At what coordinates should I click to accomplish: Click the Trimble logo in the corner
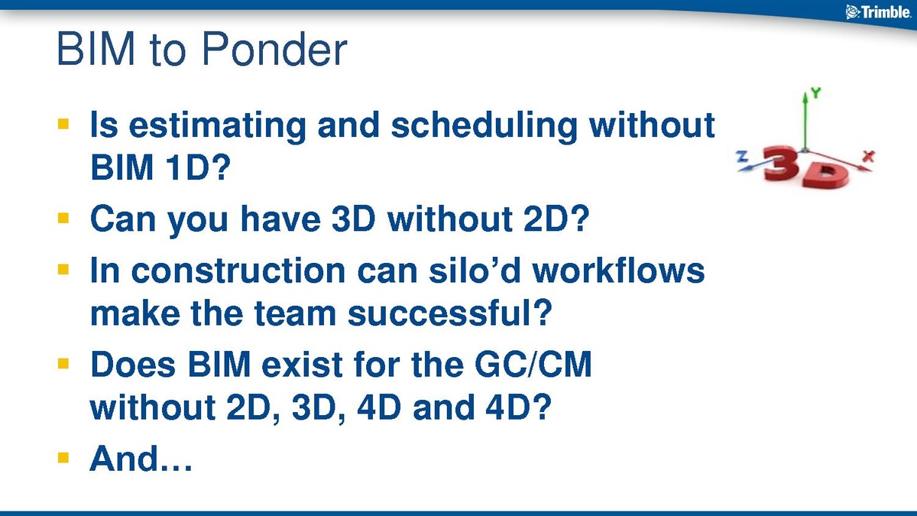click(x=878, y=12)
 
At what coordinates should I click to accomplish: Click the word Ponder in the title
click(x=274, y=49)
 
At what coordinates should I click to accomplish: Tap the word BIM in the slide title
click(x=96, y=49)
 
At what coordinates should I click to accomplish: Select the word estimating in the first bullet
click(x=218, y=125)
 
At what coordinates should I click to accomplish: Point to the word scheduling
click(x=484, y=125)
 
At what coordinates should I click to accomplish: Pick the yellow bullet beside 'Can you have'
click(x=63, y=217)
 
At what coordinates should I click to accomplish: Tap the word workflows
click(x=618, y=270)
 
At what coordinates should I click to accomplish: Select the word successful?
click(x=450, y=313)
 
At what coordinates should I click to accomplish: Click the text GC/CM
click(x=533, y=364)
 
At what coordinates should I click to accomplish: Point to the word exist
click(x=302, y=364)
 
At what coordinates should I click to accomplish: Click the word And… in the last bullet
click(x=141, y=459)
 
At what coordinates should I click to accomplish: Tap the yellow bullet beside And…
click(x=63, y=457)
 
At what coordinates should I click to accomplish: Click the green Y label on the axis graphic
click(x=815, y=93)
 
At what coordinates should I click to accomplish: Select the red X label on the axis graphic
click(x=868, y=157)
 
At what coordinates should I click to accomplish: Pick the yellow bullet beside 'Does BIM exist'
click(x=63, y=363)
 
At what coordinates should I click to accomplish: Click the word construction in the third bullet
click(x=238, y=271)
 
